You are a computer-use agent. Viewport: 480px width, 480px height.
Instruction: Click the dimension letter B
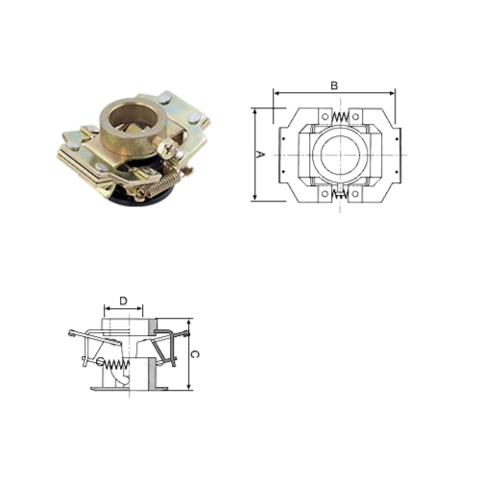pyautogui.click(x=334, y=85)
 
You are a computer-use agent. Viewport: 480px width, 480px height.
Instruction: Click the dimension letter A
pyautogui.click(x=261, y=154)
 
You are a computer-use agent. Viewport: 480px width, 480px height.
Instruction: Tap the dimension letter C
pyautogui.click(x=196, y=354)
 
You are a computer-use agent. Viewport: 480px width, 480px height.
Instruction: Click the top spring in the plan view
pyautogui.click(x=337, y=118)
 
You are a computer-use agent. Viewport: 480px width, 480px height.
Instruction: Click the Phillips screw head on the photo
pyautogui.click(x=170, y=148)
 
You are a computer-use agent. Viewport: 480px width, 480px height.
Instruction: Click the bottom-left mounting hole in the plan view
pyautogui.click(x=320, y=193)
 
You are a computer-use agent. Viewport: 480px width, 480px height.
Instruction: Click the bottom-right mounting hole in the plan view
pyautogui.click(x=354, y=193)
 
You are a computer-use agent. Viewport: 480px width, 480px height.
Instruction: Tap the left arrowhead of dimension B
pyautogui.click(x=276, y=94)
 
